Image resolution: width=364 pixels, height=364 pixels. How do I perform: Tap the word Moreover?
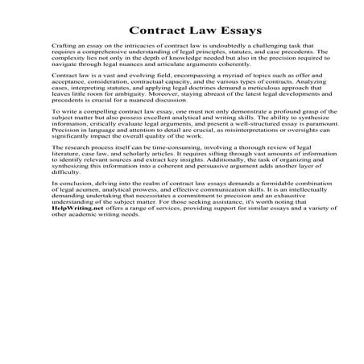click(155, 101)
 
